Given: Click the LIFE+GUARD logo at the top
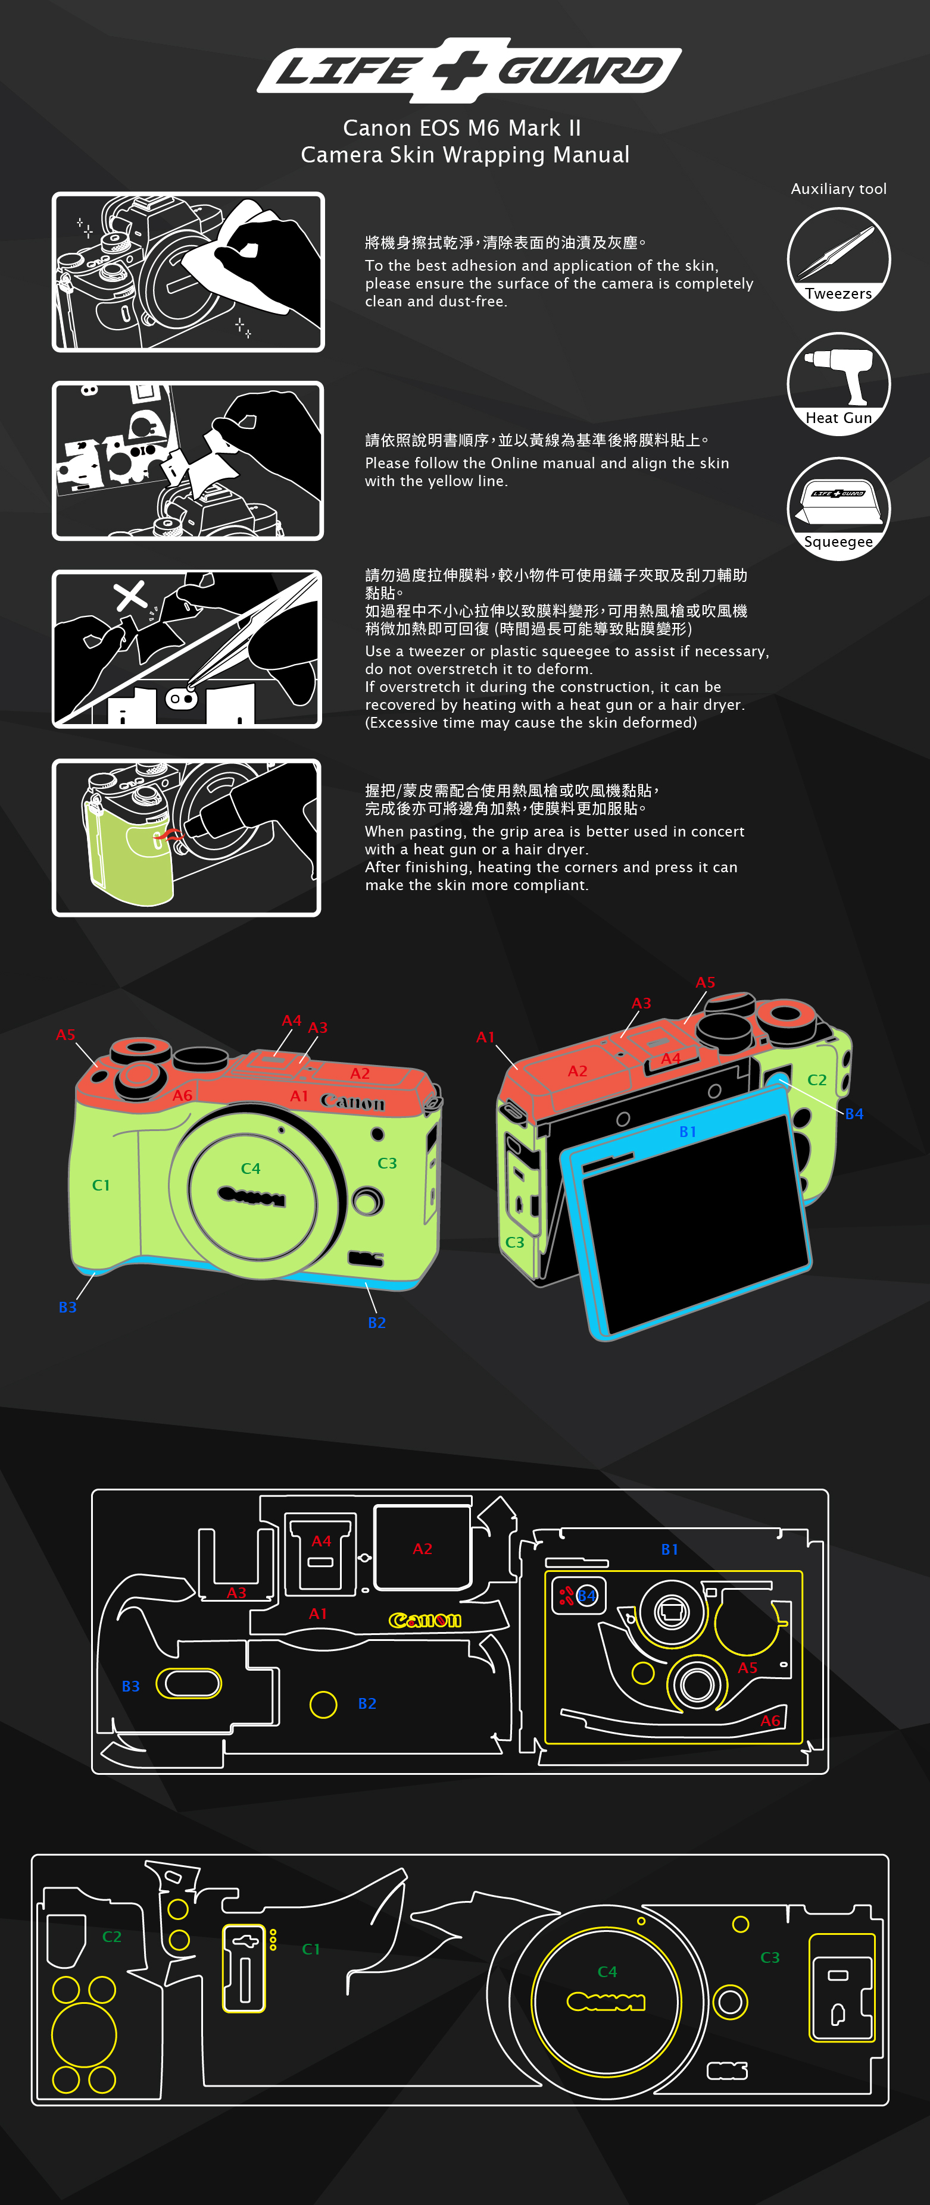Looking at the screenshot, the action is [469, 70].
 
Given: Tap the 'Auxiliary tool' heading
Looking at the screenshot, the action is [838, 189].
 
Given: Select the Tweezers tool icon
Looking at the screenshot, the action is [838, 258].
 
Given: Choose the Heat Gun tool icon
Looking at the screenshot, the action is [838, 384].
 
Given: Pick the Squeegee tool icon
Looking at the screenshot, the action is [838, 509].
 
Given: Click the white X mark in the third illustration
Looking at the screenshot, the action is [130, 595].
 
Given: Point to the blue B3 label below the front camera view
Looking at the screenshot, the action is [68, 1307].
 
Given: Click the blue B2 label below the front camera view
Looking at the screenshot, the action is [377, 1323].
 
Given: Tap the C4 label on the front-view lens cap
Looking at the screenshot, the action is [250, 1169].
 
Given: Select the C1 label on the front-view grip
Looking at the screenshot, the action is [101, 1185].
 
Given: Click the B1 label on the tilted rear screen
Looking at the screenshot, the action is [688, 1132].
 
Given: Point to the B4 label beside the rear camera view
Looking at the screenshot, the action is [854, 1114].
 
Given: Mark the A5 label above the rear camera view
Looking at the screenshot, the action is [705, 982].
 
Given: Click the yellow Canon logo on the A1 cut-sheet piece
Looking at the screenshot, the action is [425, 1620].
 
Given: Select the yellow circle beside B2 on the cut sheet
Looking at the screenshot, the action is [323, 1704].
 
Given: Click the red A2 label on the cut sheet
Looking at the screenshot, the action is [422, 1549].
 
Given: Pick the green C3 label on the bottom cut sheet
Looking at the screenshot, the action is [770, 1957].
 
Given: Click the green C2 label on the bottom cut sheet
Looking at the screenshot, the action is [111, 1936].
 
